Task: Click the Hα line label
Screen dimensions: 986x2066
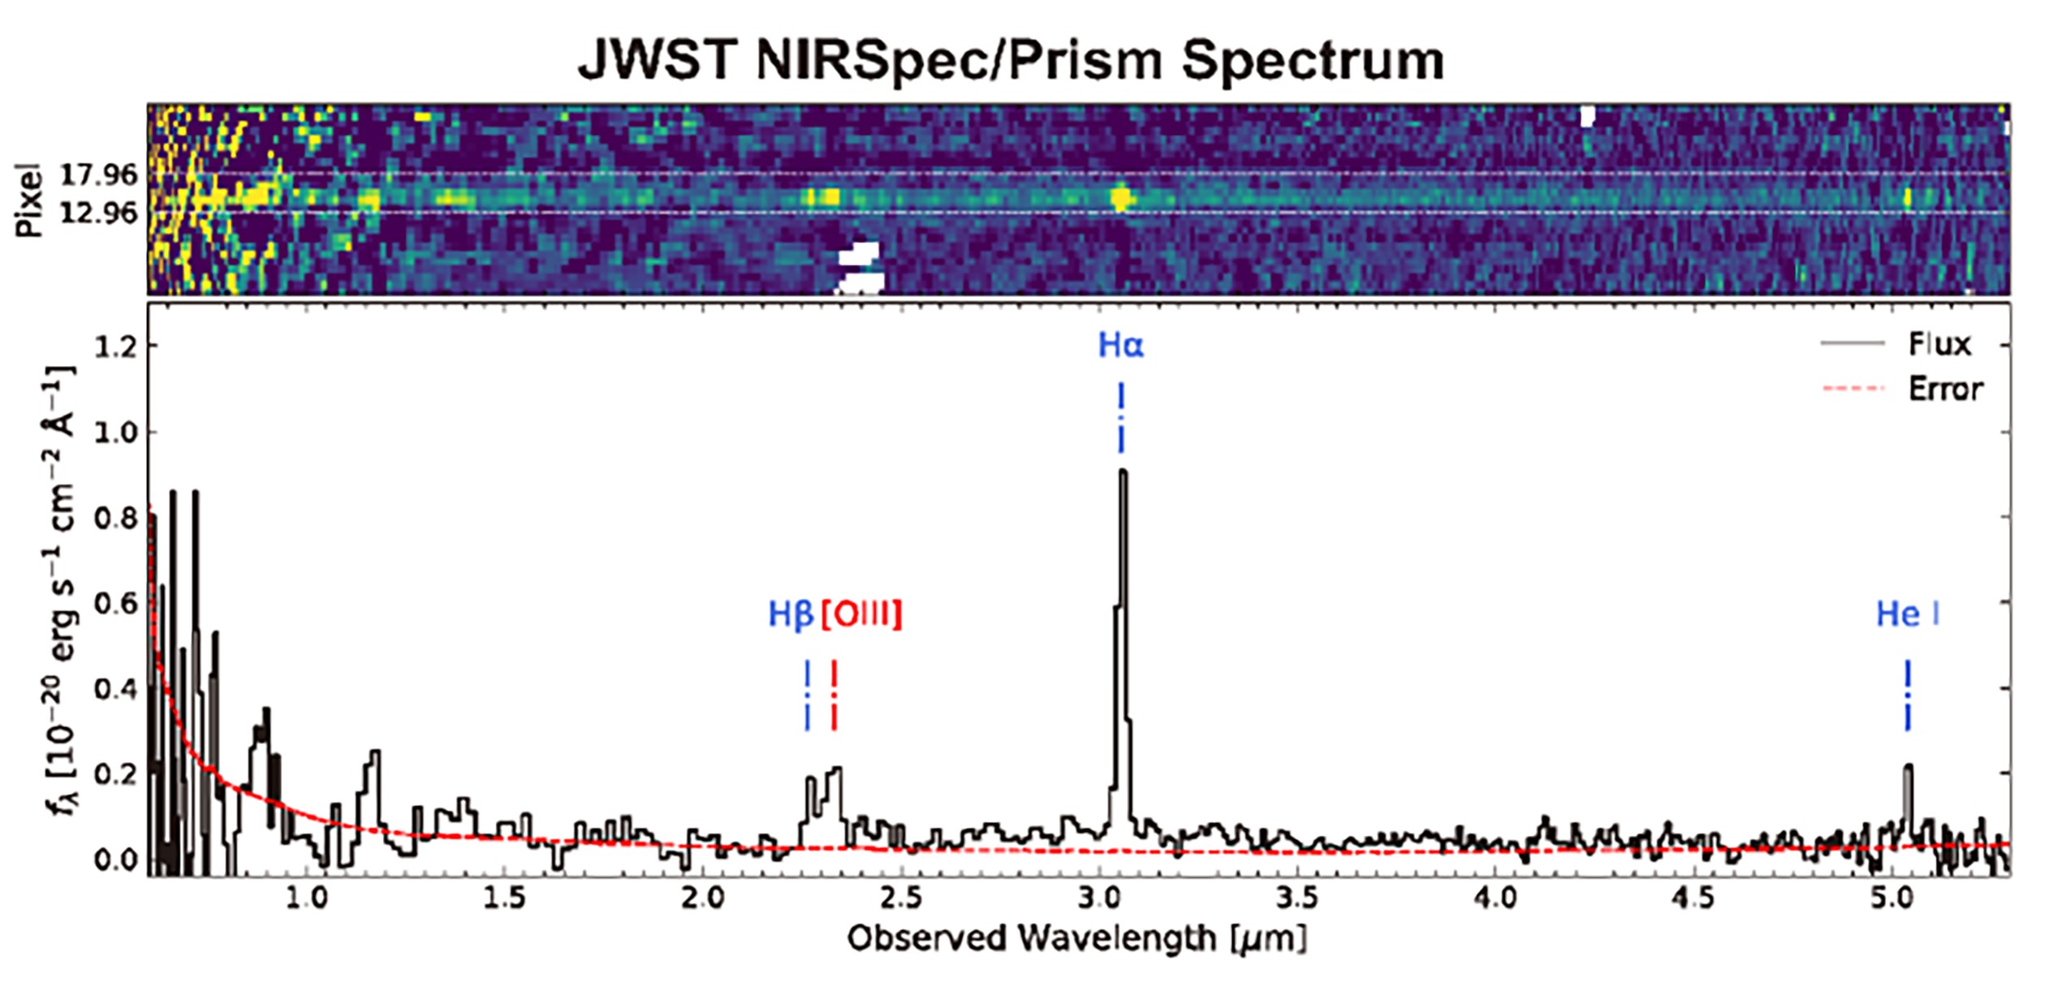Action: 1120,346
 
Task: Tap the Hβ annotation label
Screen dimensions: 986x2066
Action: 790,614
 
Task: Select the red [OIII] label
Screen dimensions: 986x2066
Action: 861,614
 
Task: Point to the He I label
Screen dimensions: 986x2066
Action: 1907,614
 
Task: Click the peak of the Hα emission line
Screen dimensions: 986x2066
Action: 1123,472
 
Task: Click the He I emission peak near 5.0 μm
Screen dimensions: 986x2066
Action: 1908,767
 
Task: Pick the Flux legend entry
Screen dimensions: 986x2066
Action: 1939,345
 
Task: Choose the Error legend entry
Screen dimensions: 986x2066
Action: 1945,390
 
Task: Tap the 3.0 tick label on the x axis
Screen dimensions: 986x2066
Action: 1101,899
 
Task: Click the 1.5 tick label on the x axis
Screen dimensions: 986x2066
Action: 505,899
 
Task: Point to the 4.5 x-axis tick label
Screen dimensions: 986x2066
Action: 1696,899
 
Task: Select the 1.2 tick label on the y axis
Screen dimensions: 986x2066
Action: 114,347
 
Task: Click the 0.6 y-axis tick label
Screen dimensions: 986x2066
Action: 114,604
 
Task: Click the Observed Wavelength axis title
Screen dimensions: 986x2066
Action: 1077,939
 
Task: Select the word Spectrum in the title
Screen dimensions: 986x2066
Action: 1313,60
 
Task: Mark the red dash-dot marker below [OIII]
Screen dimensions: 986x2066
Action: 834,695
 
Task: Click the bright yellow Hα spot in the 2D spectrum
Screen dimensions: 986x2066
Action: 1121,198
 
